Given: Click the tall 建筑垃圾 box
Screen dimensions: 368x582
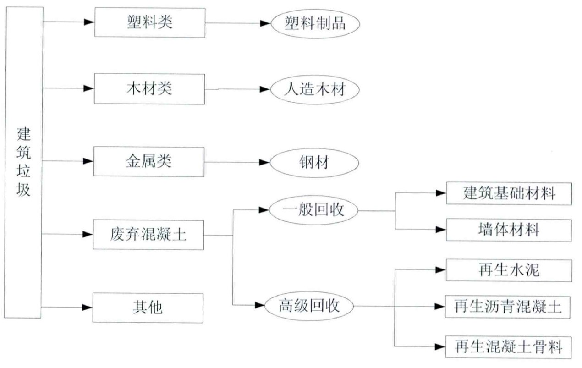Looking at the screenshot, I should point(23,162).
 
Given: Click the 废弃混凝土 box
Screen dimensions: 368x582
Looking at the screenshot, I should point(148,235).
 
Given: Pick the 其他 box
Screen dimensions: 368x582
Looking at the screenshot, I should point(148,308).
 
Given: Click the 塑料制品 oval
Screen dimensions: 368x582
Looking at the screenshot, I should point(314,23).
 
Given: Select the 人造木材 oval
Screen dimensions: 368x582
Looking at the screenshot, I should point(314,89).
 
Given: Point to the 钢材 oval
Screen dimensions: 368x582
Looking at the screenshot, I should point(314,163).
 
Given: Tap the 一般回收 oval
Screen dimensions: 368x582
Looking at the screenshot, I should point(313,210).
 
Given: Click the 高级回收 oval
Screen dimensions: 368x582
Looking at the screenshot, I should point(310,305).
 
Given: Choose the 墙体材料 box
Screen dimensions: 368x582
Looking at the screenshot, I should point(509,230).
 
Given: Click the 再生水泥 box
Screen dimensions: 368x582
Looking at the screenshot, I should point(509,270).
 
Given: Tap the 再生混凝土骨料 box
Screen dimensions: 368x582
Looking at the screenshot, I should point(509,347).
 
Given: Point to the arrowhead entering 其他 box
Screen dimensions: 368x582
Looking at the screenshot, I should point(88,308).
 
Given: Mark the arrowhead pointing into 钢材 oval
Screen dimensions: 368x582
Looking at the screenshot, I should point(264,162).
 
